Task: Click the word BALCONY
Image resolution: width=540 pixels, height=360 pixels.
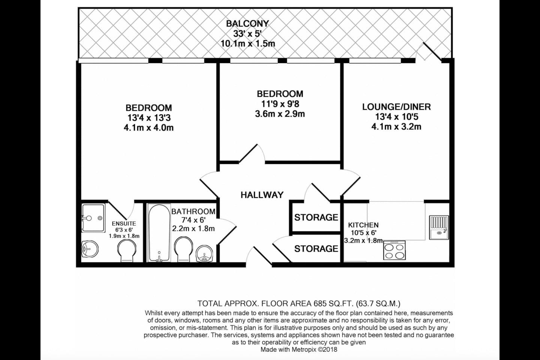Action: pyautogui.click(x=247, y=24)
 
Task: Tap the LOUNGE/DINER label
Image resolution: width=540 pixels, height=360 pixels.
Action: pyautogui.click(x=396, y=107)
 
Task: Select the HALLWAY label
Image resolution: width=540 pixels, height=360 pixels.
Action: pyautogui.click(x=262, y=195)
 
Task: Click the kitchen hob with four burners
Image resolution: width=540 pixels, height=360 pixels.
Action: pyautogui.click(x=394, y=250)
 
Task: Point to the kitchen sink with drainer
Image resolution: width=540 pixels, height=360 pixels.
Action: pyautogui.click(x=439, y=227)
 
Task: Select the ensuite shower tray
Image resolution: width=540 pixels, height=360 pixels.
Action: pyautogui.click(x=93, y=218)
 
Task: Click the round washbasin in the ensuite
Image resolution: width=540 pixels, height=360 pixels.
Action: pyautogui.click(x=90, y=249)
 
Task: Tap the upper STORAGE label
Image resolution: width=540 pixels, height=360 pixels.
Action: pyautogui.click(x=316, y=217)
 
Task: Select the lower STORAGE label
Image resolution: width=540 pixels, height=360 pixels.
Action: pyautogui.click(x=316, y=249)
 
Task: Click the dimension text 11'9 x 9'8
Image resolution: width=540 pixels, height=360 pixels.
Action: pyautogui.click(x=280, y=104)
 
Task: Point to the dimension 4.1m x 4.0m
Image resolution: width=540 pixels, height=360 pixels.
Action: pyautogui.click(x=149, y=128)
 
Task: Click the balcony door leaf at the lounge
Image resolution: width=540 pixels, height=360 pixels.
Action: pyautogui.click(x=432, y=51)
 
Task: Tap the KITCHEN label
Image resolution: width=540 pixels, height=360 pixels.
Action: pyautogui.click(x=363, y=225)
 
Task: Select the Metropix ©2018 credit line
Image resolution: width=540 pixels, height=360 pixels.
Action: pyautogui.click(x=298, y=349)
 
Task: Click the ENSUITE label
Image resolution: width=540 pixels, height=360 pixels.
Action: pyautogui.click(x=124, y=224)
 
